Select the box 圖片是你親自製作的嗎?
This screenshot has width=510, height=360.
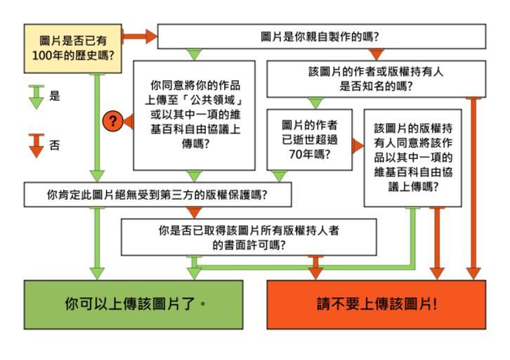321,36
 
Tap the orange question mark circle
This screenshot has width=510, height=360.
112,121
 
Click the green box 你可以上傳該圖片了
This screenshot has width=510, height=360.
133,304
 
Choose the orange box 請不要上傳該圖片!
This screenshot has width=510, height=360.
376,304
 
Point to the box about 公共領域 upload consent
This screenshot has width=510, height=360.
194,115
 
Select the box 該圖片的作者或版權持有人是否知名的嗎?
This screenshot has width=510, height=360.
376,79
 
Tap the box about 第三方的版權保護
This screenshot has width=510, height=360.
157,195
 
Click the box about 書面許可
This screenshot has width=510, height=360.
249,237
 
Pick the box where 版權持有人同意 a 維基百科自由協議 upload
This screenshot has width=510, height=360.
412,157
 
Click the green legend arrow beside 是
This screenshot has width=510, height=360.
34,96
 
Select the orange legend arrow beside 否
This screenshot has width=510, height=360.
34,144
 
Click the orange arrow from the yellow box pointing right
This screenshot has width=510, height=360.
140,36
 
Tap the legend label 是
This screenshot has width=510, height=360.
55,96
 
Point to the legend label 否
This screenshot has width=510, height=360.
55,146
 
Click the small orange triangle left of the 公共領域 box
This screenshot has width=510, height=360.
128,121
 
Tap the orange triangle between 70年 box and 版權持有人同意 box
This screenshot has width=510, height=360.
358,146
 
